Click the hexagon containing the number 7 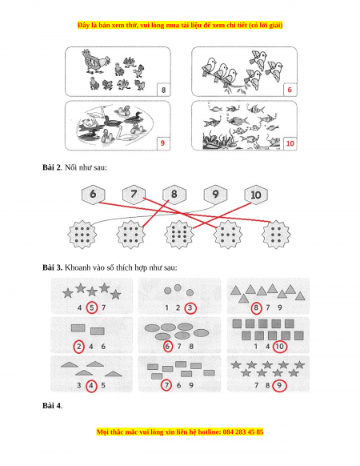[x=134, y=195]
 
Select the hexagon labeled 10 [x=256, y=195]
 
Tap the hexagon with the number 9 [x=215, y=195]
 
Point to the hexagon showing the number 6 [x=93, y=195]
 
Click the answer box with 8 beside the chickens [x=163, y=90]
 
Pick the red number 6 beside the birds [x=290, y=90]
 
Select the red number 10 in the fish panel [x=290, y=143]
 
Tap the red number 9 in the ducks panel [x=162, y=143]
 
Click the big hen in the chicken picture [x=94, y=61]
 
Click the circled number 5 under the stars [x=92, y=307]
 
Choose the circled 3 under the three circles [x=190, y=308]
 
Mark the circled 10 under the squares [x=279, y=347]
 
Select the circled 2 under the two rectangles [x=78, y=347]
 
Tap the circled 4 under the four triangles [x=91, y=386]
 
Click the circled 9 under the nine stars [x=279, y=385]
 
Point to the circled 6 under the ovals [x=168, y=347]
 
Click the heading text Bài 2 [x=52, y=167]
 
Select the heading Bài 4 [x=52, y=405]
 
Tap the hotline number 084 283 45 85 [x=242, y=432]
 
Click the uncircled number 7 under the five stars [x=103, y=307]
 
